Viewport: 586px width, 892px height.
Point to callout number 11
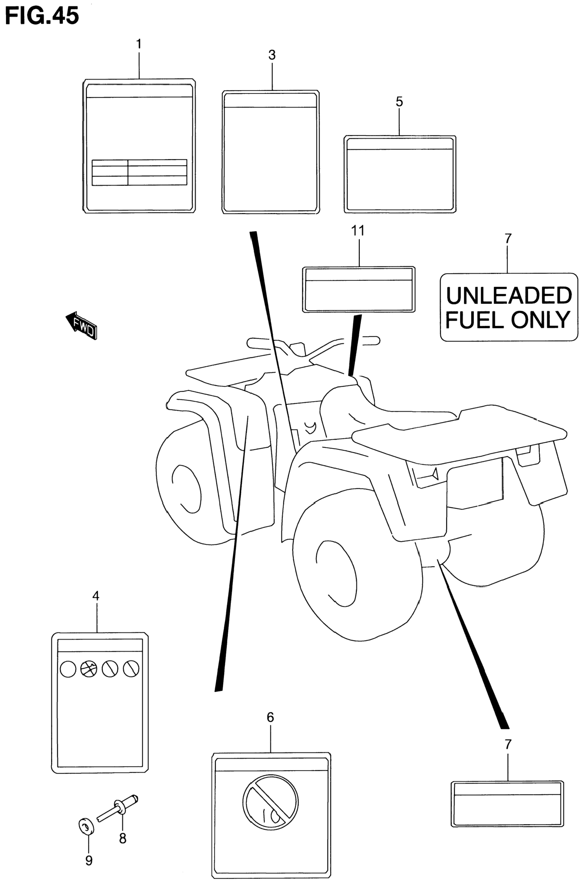[358, 231]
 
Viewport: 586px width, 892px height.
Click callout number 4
[96, 596]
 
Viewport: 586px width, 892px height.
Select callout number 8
[123, 838]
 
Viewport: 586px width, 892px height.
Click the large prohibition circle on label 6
[270, 802]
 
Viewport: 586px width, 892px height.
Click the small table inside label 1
[139, 172]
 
